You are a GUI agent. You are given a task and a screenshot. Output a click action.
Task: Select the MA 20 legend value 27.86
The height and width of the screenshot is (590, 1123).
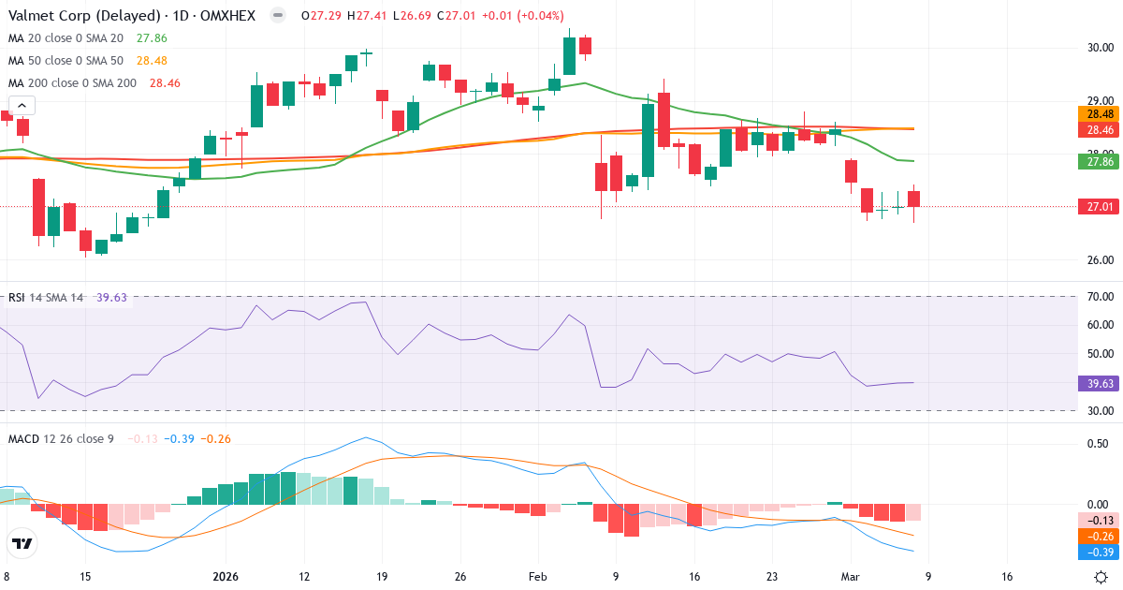pyautogui.click(x=152, y=38)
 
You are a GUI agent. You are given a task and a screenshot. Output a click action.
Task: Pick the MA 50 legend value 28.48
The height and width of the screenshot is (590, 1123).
pyautogui.click(x=152, y=61)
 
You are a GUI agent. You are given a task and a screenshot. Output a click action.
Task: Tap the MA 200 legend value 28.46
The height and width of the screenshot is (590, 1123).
pyautogui.click(x=165, y=83)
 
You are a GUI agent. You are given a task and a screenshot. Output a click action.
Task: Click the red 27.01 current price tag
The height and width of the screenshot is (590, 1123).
pyautogui.click(x=1098, y=207)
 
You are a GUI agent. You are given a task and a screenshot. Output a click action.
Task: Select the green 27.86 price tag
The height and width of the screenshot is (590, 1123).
pyautogui.click(x=1098, y=161)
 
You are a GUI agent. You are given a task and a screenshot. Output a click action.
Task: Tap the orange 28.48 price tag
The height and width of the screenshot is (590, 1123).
pyautogui.click(x=1098, y=113)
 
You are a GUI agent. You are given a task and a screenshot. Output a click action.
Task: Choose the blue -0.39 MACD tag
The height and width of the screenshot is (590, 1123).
pyautogui.click(x=1098, y=553)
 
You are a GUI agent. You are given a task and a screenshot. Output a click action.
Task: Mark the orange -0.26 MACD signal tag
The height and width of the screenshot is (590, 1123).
pyautogui.click(x=1098, y=537)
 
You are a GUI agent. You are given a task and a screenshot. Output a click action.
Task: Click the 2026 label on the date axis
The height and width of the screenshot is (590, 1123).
pyautogui.click(x=226, y=577)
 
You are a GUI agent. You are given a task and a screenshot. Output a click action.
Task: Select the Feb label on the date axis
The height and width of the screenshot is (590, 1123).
pyautogui.click(x=537, y=577)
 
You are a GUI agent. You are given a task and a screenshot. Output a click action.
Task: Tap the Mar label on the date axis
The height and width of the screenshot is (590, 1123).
pyautogui.click(x=849, y=577)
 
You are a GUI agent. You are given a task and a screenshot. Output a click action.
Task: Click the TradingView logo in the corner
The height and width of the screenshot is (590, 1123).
pyautogui.click(x=22, y=543)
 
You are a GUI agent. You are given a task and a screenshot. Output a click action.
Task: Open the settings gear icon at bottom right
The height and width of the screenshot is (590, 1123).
pyautogui.click(x=1102, y=577)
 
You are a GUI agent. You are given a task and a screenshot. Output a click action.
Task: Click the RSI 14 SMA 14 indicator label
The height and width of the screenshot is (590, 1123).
pyautogui.click(x=45, y=298)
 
